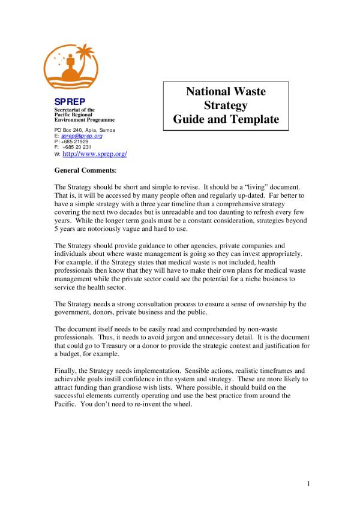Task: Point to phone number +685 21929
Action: tap(76, 141)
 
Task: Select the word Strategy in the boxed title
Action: tap(226, 106)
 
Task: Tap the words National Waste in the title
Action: tap(226, 92)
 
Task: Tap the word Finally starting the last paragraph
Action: tap(67, 371)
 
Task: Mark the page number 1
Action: tap(307, 484)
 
